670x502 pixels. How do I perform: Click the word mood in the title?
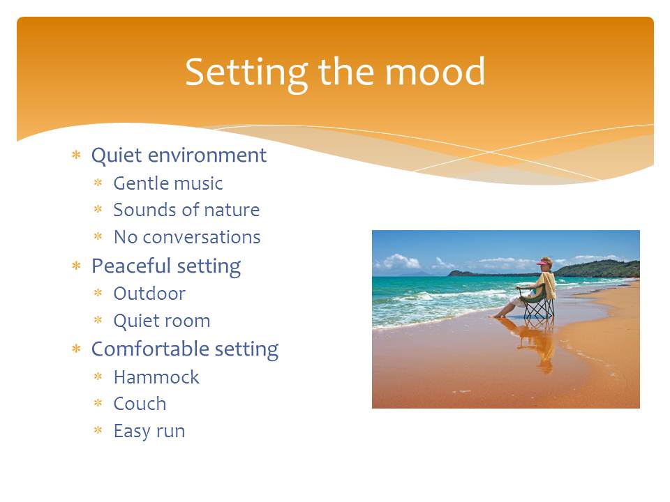pyautogui.click(x=435, y=72)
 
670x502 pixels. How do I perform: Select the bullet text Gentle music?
pyautogui.click(x=168, y=184)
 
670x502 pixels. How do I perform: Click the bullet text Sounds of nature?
pyautogui.click(x=187, y=210)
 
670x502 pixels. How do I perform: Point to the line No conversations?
pyautogui.click(x=187, y=237)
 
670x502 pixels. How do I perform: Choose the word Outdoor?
pyautogui.click(x=149, y=294)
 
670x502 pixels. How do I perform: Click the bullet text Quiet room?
pyautogui.click(x=162, y=321)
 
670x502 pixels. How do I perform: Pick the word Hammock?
pyautogui.click(x=156, y=377)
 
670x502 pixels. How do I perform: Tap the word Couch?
pyautogui.click(x=140, y=404)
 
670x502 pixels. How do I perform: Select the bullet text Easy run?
pyautogui.click(x=149, y=432)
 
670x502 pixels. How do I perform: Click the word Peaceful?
pyautogui.click(x=131, y=266)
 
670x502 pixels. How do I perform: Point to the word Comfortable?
pyautogui.click(x=150, y=349)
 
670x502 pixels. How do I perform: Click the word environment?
pyautogui.click(x=207, y=155)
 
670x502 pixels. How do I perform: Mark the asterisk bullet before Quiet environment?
pyautogui.click(x=77, y=155)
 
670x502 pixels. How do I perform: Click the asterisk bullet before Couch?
pyautogui.click(x=98, y=403)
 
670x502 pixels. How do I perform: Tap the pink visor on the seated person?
pyautogui.click(x=544, y=263)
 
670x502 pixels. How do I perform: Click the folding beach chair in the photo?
pyautogui.click(x=537, y=302)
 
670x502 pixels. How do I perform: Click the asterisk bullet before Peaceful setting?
pyautogui.click(x=77, y=266)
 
